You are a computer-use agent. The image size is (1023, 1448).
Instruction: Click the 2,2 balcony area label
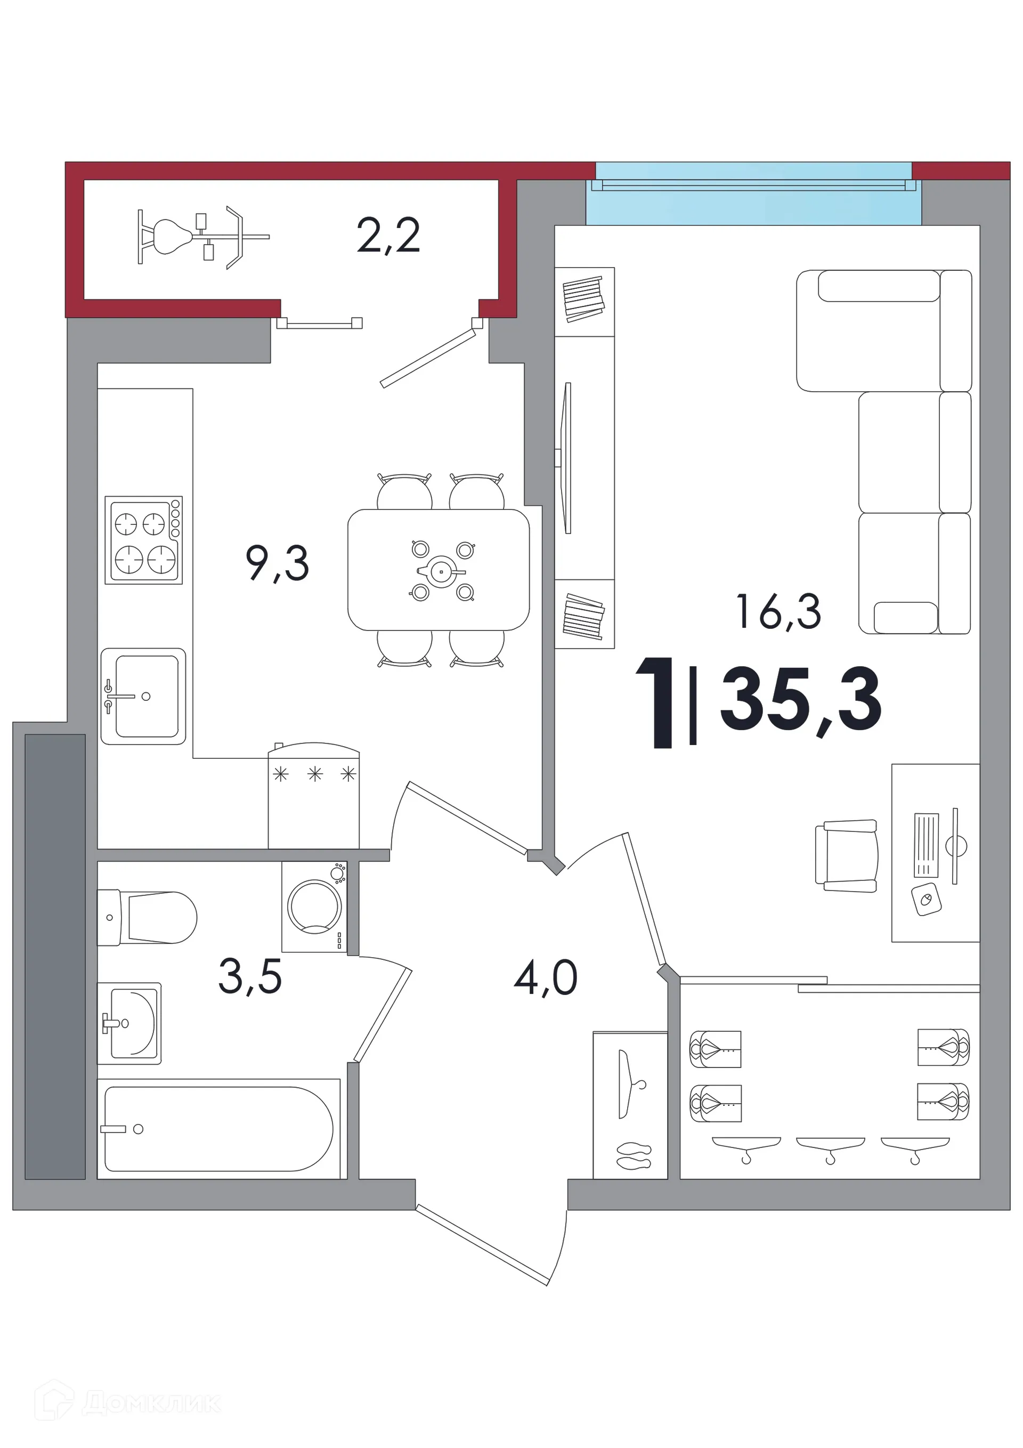pos(388,237)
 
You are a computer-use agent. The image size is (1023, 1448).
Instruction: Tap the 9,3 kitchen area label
pos(278,563)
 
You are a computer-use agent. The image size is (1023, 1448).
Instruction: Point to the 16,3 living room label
pos(779,611)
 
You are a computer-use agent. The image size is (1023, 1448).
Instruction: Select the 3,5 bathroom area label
pos(250,976)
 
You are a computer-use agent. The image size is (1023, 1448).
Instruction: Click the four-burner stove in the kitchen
pos(144,540)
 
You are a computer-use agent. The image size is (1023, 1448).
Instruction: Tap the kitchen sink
pos(143,696)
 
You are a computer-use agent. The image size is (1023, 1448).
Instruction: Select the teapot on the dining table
pos(441,571)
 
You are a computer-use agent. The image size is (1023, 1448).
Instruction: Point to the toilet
pos(147,918)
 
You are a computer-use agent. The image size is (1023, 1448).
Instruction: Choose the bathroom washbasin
pos(129,1023)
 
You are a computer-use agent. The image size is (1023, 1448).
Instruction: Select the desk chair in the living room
pos(846,856)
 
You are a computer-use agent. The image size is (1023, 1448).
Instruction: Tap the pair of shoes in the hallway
pos(633,1155)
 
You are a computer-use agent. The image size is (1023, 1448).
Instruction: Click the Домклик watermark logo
pos(136,1404)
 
